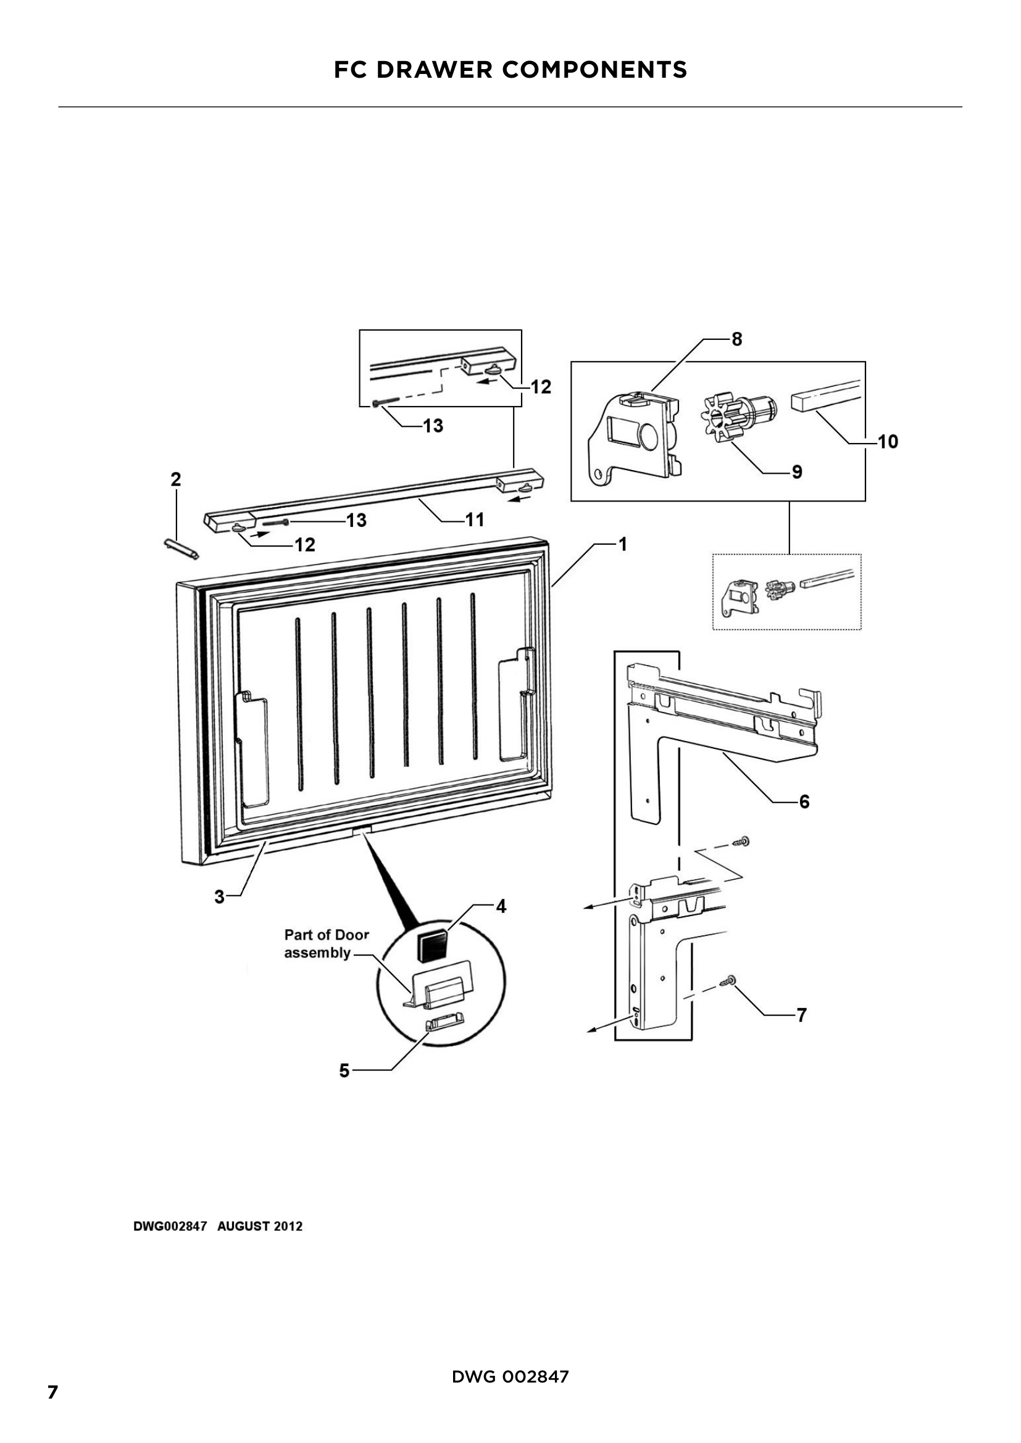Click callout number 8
click(x=737, y=339)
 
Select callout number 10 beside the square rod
click(x=888, y=442)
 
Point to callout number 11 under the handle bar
click(x=475, y=519)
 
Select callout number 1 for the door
click(x=622, y=544)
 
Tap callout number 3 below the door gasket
click(x=219, y=897)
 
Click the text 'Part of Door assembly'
click(x=327, y=943)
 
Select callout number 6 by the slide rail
click(x=804, y=801)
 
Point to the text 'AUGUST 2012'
click(x=260, y=1226)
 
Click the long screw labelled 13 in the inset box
click(x=385, y=401)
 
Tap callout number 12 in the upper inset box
click(x=541, y=387)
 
